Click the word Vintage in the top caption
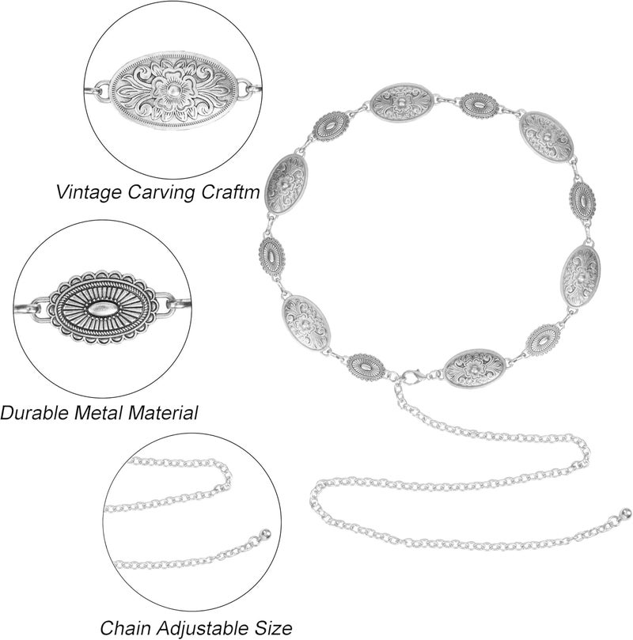(x=89, y=191)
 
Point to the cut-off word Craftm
(x=229, y=191)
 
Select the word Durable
(x=35, y=412)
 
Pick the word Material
(x=163, y=412)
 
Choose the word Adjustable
(x=205, y=629)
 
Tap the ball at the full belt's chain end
(x=624, y=513)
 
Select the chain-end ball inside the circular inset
(x=265, y=533)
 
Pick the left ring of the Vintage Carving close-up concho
(x=102, y=89)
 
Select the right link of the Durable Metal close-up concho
(x=165, y=304)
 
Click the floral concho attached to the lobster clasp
(x=474, y=368)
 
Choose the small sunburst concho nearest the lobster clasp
(x=366, y=367)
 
